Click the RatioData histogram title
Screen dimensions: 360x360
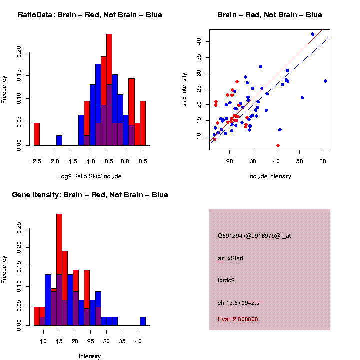90,15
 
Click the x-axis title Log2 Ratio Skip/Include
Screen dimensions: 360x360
90,176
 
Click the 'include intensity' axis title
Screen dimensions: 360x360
270,176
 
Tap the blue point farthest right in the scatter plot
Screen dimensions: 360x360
325,81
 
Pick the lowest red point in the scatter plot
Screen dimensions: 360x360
278,145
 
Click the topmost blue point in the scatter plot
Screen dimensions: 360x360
313,34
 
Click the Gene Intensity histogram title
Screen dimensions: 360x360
90,195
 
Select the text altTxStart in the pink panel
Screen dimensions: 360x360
231,258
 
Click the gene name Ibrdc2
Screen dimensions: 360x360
226,280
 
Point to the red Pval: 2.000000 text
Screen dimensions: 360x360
238,319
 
